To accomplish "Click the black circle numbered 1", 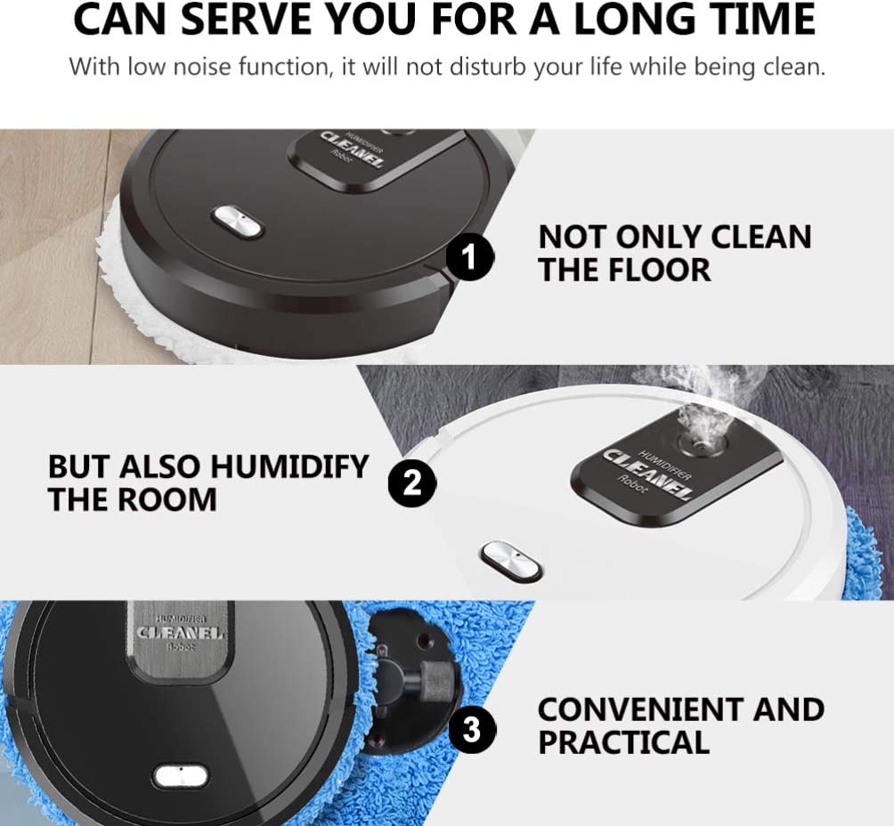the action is click(x=469, y=257).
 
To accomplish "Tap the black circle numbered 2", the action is click(x=412, y=484).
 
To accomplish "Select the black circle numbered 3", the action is click(x=472, y=729).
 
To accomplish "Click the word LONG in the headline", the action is click(x=635, y=19).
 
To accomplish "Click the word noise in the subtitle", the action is click(x=202, y=67).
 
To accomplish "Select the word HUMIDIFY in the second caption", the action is click(x=289, y=466).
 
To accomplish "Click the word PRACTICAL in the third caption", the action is click(x=623, y=742).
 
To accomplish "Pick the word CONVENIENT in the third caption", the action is click(x=639, y=709).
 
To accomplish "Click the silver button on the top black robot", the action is click(x=237, y=221).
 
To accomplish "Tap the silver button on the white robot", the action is click(x=511, y=561).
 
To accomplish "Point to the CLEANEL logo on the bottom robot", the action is click(x=180, y=633).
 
